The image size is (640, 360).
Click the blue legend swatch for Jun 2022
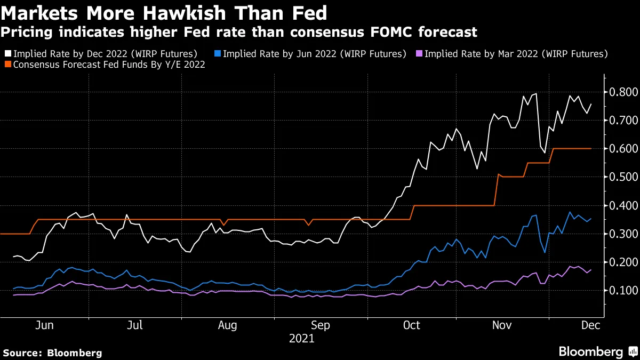pyautogui.click(x=217, y=54)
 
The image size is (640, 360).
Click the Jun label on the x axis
pyautogui.click(x=45, y=325)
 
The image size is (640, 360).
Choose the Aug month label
pyautogui.click(x=227, y=325)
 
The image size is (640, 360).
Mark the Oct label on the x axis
pyautogui.click(x=412, y=325)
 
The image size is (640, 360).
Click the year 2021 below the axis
pyautogui.click(x=301, y=338)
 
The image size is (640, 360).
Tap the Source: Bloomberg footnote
pyautogui.click(x=52, y=353)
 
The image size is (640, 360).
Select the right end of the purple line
pyautogui.click(x=591, y=270)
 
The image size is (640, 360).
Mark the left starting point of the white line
pyautogui.click(x=13, y=257)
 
